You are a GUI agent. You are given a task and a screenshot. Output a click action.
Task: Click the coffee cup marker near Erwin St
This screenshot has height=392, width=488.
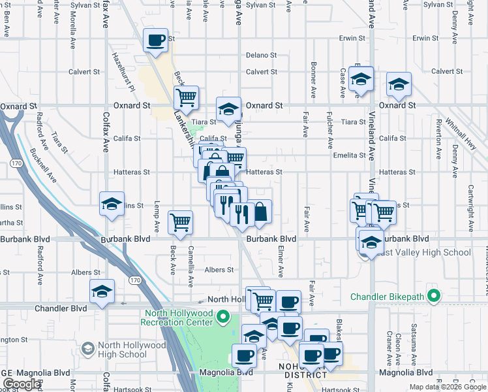[156, 41]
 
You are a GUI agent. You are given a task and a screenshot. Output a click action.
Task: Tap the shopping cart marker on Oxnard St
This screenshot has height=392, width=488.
[187, 97]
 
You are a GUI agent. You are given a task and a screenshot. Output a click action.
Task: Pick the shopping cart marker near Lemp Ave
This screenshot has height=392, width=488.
[180, 221]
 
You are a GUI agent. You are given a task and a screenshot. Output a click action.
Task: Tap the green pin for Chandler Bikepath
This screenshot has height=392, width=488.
[433, 297]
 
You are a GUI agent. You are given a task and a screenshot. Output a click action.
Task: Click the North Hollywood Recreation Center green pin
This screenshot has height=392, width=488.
[223, 318]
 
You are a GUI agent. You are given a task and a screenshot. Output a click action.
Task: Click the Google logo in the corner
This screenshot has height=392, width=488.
[22, 384]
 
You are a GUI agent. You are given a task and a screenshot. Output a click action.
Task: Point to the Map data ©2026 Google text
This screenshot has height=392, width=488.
[448, 387]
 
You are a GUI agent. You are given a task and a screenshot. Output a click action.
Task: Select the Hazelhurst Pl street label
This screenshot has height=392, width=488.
[122, 72]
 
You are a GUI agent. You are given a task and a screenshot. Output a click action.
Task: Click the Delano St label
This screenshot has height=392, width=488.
[262, 55]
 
